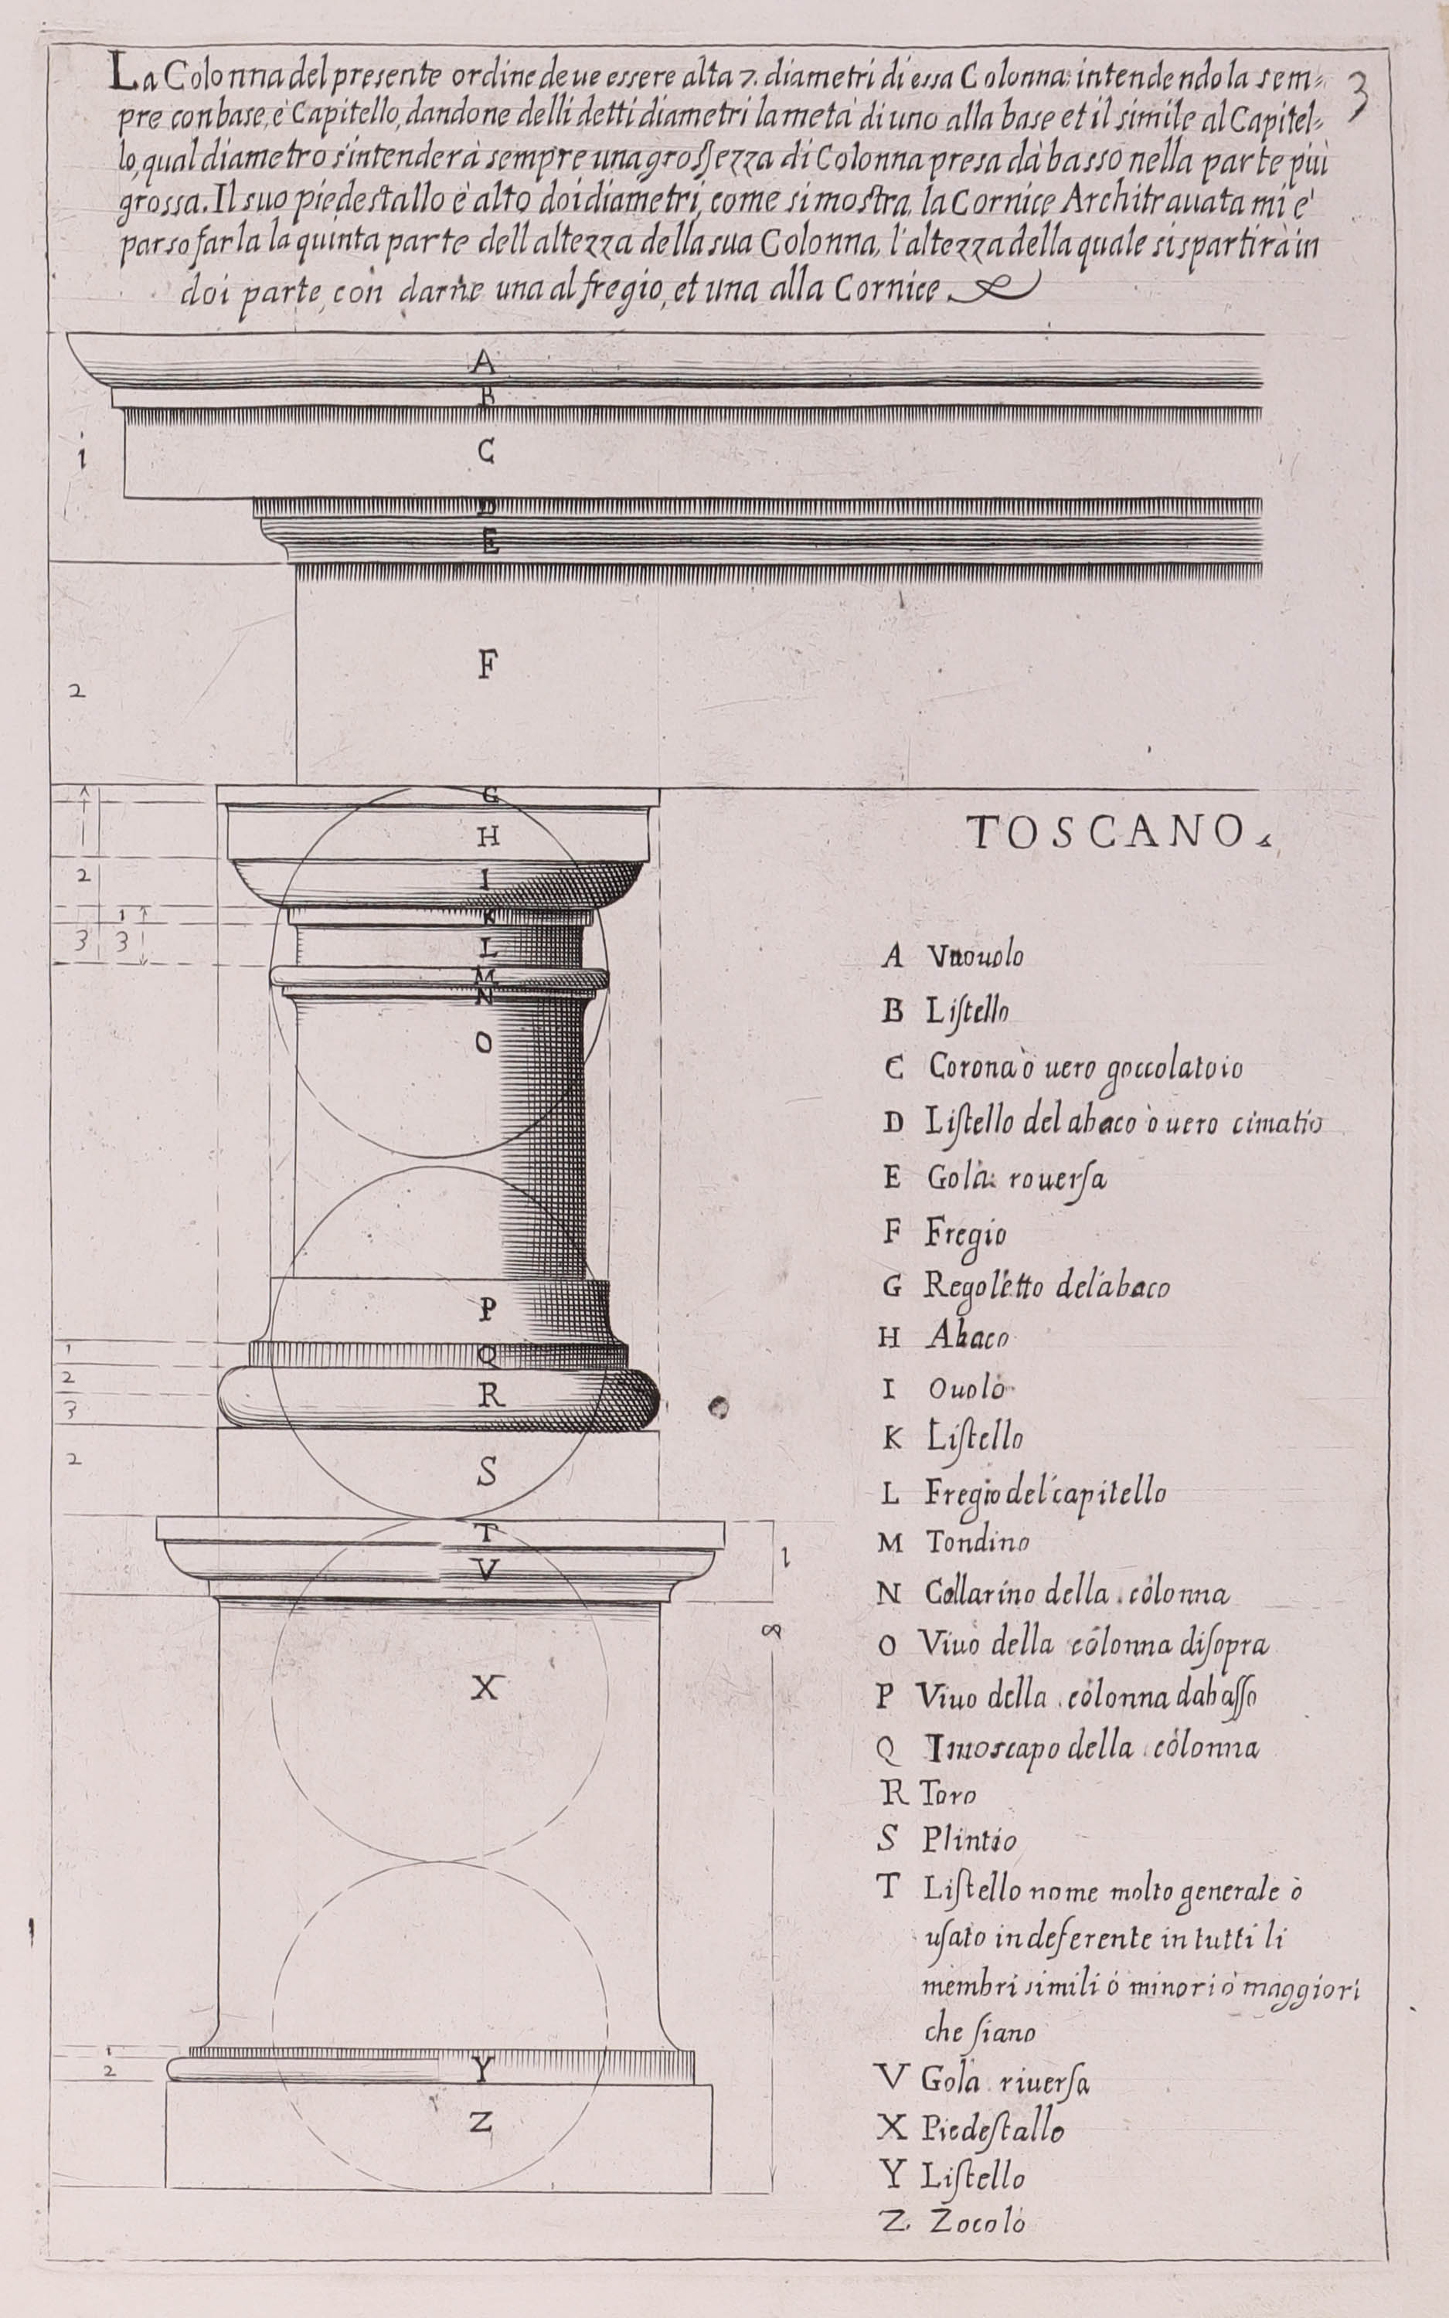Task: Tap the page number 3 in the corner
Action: tap(1357, 96)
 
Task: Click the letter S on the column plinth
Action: tap(487, 1470)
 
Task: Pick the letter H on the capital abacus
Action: tap(488, 836)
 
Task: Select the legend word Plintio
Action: tap(969, 1840)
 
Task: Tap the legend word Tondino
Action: tap(978, 1542)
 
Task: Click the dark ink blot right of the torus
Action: tap(718, 1407)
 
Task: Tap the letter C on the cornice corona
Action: tap(486, 450)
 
